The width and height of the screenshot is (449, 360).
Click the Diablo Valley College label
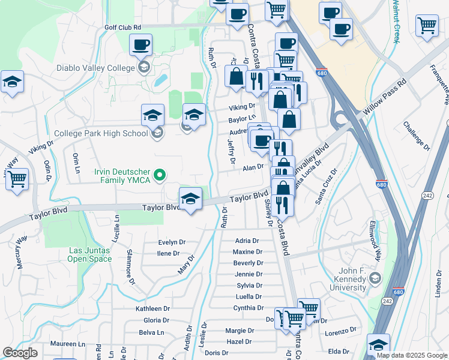(96, 68)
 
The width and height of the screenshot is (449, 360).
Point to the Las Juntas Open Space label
(90, 254)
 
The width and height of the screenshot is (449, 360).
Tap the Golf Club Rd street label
(122, 28)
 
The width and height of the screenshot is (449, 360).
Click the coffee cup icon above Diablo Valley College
(141, 44)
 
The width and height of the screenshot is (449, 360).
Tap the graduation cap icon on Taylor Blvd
(190, 198)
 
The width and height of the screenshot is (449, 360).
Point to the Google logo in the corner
(20, 353)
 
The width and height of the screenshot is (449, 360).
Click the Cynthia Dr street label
(249, 308)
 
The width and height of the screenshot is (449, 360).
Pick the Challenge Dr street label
(416, 136)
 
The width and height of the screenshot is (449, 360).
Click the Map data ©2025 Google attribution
(412, 355)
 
